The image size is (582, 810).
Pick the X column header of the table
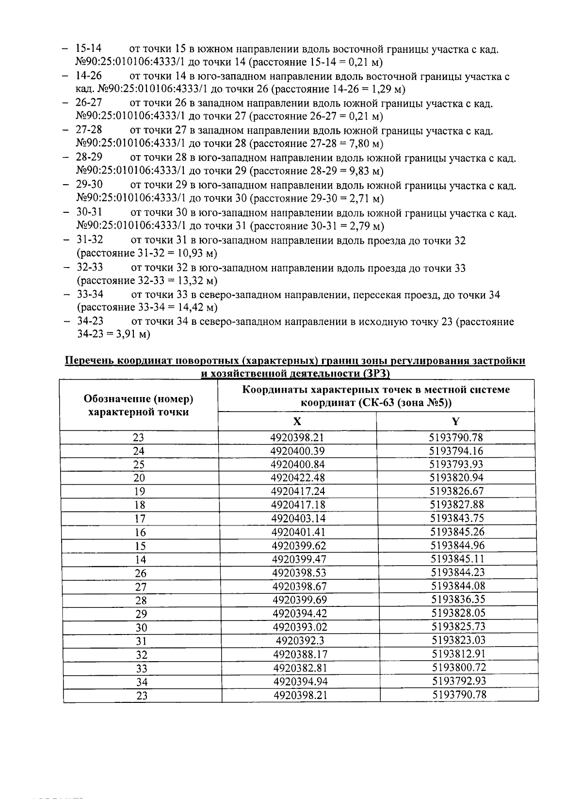(x=297, y=421)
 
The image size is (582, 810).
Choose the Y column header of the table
(x=455, y=421)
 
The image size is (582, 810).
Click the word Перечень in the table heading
(x=90, y=361)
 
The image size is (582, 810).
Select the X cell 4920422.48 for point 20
(x=298, y=478)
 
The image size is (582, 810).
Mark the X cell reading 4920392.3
(x=299, y=641)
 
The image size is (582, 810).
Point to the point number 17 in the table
(x=140, y=519)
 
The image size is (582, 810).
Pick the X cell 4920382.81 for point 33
(x=300, y=668)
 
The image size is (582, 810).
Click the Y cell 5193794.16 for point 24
(x=456, y=451)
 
